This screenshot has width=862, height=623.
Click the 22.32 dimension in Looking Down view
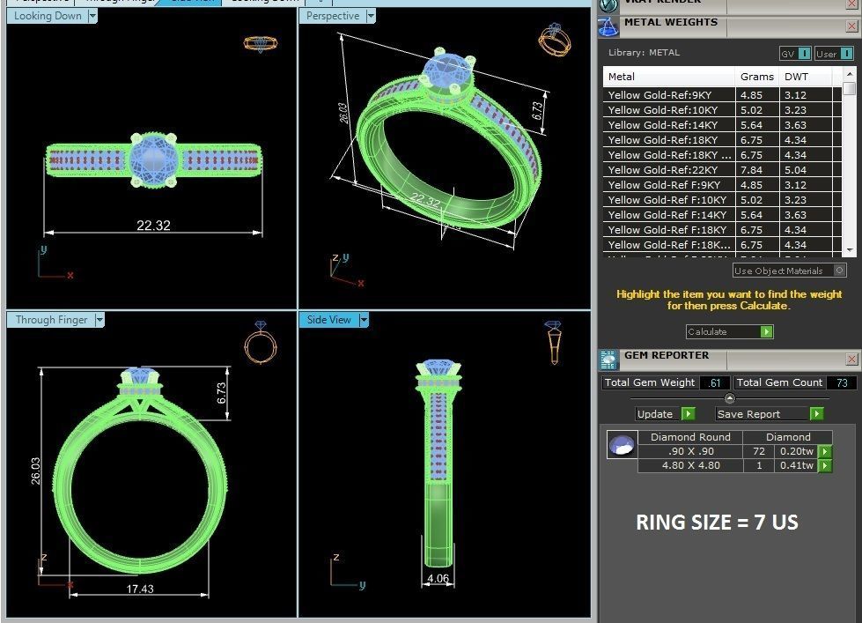(x=153, y=226)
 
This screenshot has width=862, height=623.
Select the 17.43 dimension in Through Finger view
(x=140, y=589)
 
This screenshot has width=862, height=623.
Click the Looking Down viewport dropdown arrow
(x=92, y=16)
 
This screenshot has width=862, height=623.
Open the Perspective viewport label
(x=333, y=16)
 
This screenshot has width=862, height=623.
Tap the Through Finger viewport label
(x=51, y=320)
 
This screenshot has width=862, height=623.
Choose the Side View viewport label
(x=329, y=320)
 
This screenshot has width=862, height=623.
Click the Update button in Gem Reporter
(x=656, y=414)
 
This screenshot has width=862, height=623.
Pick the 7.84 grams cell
(x=752, y=170)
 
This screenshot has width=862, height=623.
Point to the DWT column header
(x=796, y=77)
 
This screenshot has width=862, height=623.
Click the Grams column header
(x=756, y=77)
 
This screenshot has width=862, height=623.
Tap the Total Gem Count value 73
(x=841, y=382)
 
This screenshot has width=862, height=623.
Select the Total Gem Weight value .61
(x=714, y=382)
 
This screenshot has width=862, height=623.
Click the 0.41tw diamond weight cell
(x=796, y=465)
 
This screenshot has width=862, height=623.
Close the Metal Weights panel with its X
(x=851, y=26)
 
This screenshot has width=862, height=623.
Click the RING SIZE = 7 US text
(x=717, y=522)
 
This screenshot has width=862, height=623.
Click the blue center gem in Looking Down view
(x=152, y=159)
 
